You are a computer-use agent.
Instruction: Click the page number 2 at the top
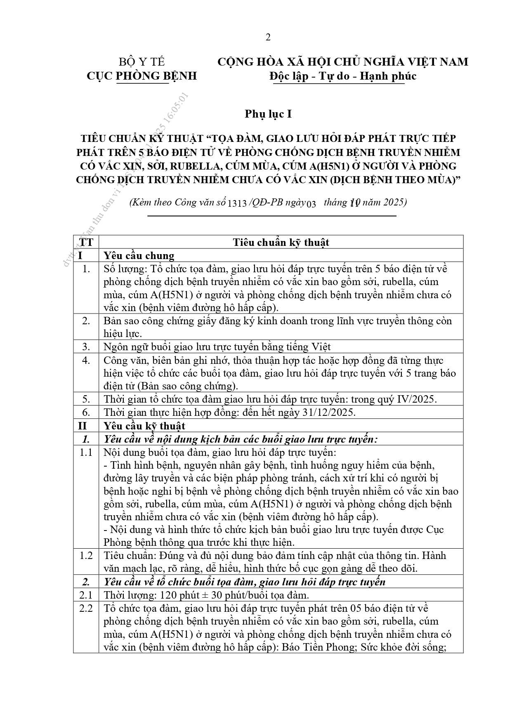click(x=268, y=38)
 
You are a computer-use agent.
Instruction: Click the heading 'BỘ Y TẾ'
click(x=142, y=62)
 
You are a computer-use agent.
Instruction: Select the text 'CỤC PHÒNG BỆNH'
click(x=142, y=76)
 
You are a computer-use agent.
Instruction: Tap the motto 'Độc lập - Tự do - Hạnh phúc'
click(x=342, y=76)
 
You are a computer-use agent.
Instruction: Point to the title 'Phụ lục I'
click(x=268, y=114)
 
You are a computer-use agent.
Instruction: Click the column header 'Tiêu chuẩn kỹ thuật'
click(x=281, y=242)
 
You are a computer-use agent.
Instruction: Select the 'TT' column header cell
click(x=86, y=242)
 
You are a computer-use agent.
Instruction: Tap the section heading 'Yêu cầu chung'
click(x=139, y=255)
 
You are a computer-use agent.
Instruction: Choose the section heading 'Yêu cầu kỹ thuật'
click(x=144, y=426)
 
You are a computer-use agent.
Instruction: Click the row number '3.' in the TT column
click(x=86, y=347)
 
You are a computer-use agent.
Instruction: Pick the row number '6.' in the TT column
click(x=86, y=413)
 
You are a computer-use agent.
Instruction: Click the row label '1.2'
click(x=86, y=555)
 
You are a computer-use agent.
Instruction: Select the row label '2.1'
click(x=86, y=595)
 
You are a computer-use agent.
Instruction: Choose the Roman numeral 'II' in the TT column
click(x=83, y=426)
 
